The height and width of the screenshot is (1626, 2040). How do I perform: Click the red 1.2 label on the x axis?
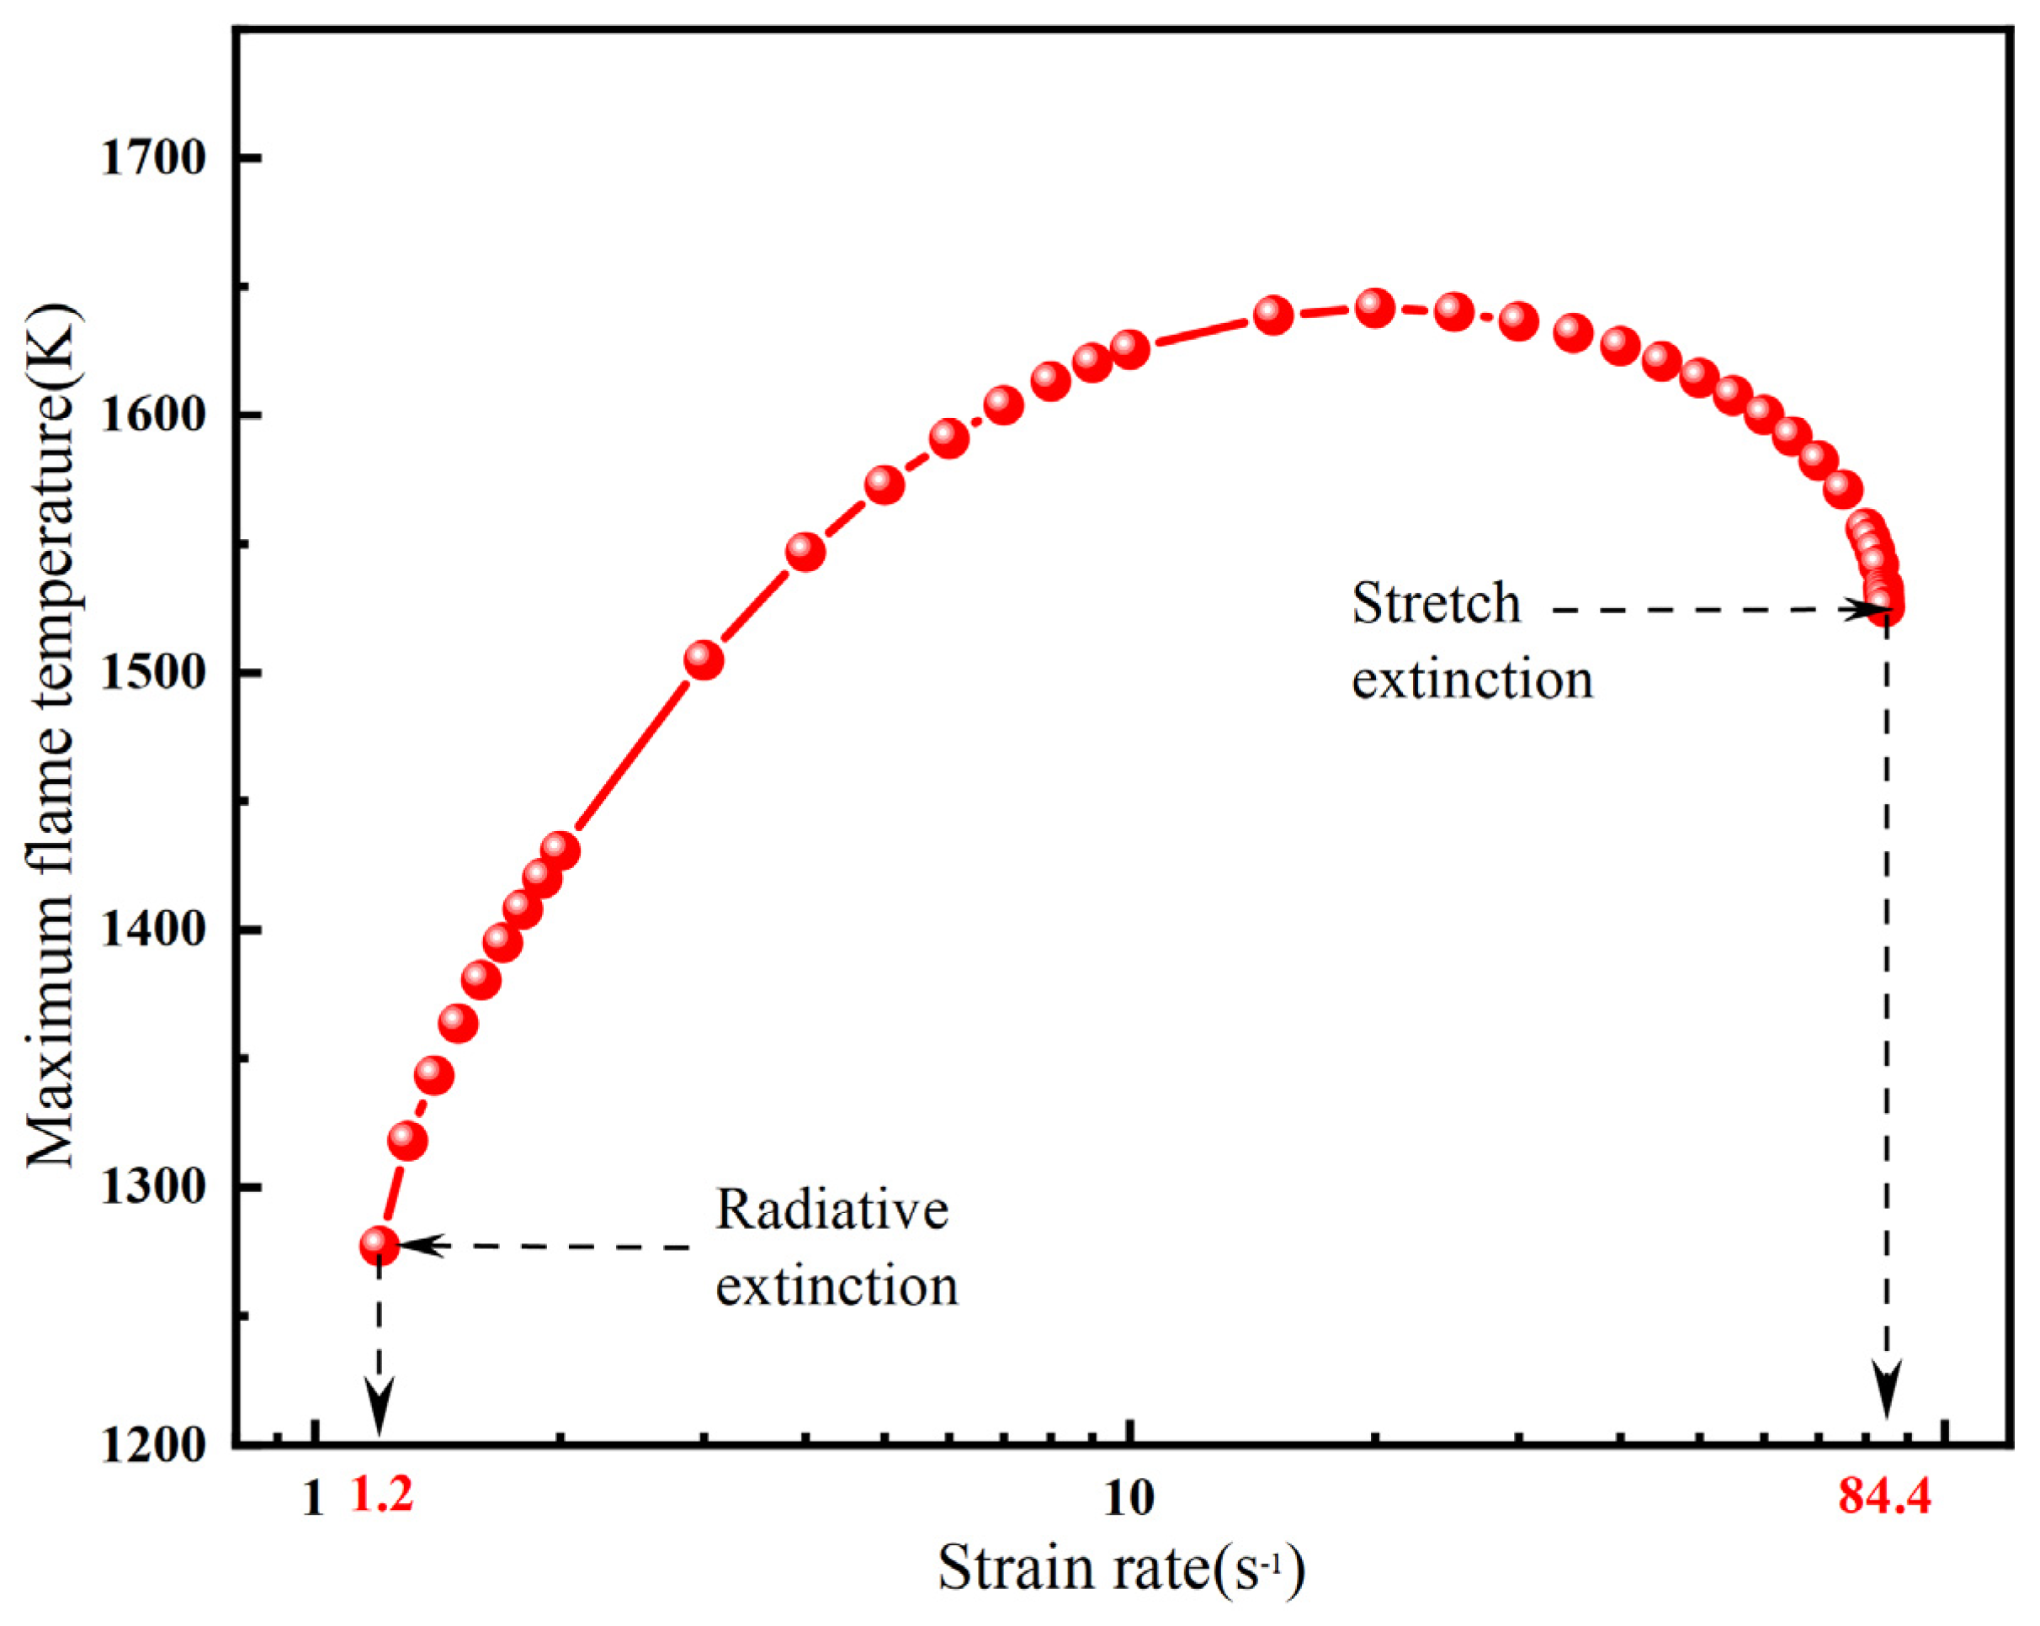click(x=382, y=1496)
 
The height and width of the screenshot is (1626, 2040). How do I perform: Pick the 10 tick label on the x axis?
click(x=1129, y=1497)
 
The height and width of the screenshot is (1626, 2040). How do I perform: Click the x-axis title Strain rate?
click(x=1121, y=1567)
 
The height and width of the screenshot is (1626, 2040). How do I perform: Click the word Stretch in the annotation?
click(x=1436, y=605)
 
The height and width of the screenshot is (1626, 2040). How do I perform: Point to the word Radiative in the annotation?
click(x=831, y=1210)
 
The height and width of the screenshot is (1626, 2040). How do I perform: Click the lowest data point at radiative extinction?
click(x=379, y=1246)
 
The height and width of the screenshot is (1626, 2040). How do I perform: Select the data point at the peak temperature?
click(x=1375, y=307)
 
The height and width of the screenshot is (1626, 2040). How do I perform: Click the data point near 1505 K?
click(x=703, y=659)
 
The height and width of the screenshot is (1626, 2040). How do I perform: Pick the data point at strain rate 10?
click(x=1129, y=349)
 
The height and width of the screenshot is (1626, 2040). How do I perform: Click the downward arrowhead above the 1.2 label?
click(x=379, y=1409)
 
